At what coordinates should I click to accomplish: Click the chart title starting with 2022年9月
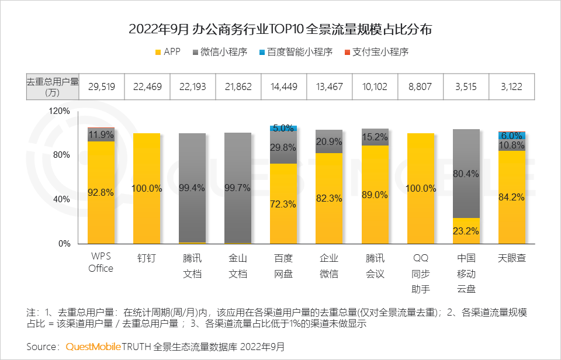(280, 29)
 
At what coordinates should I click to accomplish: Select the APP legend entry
(167, 52)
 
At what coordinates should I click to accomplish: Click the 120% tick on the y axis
(59, 111)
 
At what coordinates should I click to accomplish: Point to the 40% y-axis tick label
(61, 199)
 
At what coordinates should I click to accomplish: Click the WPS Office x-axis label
(101, 263)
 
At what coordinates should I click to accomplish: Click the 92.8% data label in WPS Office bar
(101, 192)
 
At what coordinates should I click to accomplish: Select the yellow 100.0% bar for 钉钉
(147, 188)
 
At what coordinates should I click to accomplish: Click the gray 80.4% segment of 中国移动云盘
(466, 174)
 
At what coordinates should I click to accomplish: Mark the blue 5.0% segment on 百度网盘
(283, 128)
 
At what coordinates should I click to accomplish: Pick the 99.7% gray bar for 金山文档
(238, 188)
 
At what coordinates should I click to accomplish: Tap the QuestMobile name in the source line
(93, 347)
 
